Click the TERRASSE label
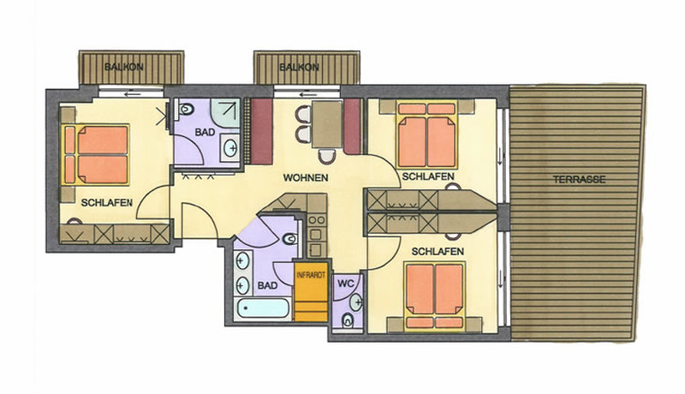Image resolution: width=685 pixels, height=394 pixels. (580, 180)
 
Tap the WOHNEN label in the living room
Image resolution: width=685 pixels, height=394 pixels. (306, 178)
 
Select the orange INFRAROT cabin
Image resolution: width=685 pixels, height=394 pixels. (311, 291)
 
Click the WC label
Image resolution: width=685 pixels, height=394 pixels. (346, 283)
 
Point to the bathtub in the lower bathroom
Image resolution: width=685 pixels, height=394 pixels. (263, 308)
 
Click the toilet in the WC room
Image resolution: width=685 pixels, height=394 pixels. (348, 320)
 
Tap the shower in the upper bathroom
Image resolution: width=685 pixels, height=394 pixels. (225, 113)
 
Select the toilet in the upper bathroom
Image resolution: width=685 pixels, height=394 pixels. (186, 108)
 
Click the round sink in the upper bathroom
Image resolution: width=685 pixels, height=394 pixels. (230, 148)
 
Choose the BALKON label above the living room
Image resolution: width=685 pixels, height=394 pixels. (299, 68)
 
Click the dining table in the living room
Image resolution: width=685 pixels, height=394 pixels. (327, 124)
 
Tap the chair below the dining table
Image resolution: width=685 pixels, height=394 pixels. (327, 157)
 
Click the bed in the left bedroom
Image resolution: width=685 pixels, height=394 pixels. (96, 154)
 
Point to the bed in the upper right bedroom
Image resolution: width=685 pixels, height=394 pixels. (426, 135)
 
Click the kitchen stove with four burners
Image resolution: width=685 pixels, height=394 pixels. (316, 226)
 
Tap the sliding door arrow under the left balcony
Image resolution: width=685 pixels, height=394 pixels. (133, 94)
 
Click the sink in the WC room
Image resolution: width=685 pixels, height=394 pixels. (356, 302)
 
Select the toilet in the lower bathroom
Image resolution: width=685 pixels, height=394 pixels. (289, 239)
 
